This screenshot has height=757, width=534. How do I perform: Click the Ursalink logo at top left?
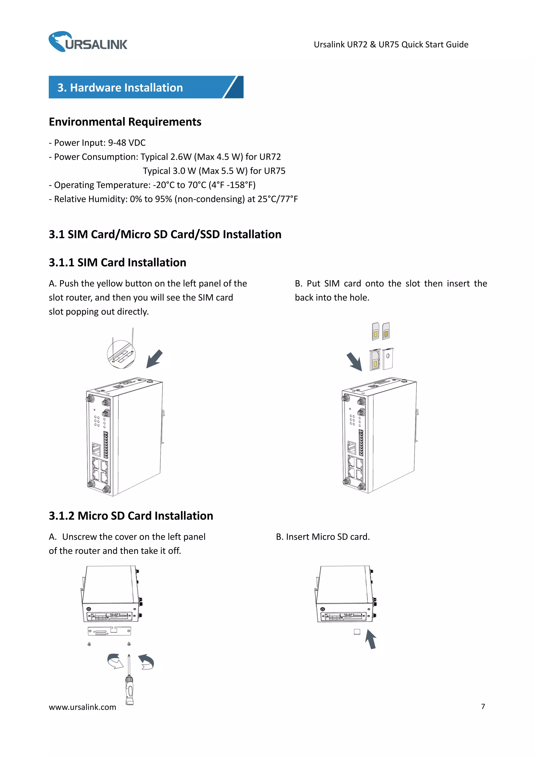[88, 42]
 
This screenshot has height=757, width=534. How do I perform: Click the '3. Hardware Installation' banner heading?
[120, 88]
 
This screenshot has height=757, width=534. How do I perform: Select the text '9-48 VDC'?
[127, 143]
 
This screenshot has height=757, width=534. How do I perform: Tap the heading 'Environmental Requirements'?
[125, 122]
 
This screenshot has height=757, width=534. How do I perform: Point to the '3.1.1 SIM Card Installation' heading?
[117, 263]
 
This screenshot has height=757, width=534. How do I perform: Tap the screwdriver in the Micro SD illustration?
[129, 681]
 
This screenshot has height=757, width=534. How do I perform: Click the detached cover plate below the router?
[109, 631]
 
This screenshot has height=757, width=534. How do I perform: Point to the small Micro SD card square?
[357, 632]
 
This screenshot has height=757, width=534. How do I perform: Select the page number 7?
[483, 706]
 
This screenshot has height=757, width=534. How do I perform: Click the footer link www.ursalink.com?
[82, 707]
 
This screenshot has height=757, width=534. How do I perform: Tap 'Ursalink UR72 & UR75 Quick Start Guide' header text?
[391, 45]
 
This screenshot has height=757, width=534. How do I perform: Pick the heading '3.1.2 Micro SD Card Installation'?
[131, 516]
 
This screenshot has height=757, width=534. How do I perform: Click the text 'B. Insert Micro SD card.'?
[323, 537]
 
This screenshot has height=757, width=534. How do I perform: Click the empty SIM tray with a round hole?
[388, 358]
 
